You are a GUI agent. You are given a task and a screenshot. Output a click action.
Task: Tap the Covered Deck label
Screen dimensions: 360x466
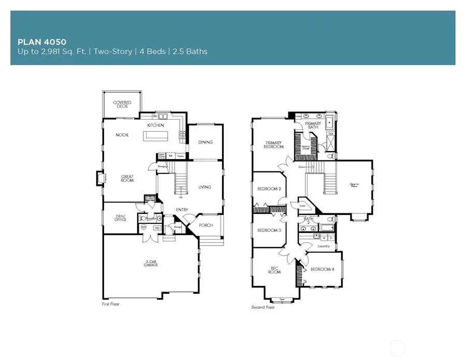tap(122, 104)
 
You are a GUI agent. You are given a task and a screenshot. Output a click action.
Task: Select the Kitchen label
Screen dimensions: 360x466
tap(155, 126)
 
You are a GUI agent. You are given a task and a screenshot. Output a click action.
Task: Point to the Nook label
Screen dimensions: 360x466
tap(122, 135)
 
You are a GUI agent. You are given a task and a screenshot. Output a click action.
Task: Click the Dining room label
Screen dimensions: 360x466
tap(206, 142)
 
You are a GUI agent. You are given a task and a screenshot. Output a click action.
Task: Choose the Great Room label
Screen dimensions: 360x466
tap(127, 178)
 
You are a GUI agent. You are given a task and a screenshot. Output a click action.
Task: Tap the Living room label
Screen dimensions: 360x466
tap(205, 187)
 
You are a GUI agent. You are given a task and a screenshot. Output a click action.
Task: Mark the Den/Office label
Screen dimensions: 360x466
tap(121, 218)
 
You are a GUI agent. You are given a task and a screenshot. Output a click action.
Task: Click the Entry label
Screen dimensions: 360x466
tap(181, 210)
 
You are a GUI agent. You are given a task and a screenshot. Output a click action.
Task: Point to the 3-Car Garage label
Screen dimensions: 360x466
tap(151, 263)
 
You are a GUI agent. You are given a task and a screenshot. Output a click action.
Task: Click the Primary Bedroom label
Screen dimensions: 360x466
tap(274, 145)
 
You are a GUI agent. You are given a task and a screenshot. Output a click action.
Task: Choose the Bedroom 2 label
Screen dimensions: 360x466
tap(269, 189)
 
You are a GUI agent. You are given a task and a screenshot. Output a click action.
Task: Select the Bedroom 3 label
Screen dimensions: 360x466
tap(269, 230)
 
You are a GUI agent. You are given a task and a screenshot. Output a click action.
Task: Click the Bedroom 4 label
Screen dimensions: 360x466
tap(323, 269)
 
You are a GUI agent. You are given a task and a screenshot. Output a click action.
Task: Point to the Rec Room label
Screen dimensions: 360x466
tap(274, 270)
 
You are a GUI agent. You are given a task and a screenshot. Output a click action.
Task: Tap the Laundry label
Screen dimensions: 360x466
tap(324, 247)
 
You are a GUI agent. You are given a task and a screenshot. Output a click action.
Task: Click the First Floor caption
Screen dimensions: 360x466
tap(110, 304)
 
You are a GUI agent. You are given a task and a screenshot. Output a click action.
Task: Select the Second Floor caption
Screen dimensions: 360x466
tap(263, 307)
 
